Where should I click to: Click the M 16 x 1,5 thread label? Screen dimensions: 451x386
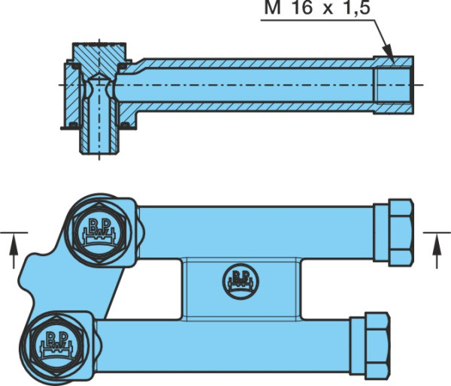click(x=317, y=8)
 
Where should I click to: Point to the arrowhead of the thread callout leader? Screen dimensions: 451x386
click(x=389, y=53)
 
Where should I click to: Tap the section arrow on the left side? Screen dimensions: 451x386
click(x=14, y=251)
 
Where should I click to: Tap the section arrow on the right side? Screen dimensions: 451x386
click(x=437, y=251)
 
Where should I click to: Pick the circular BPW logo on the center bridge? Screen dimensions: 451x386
click(x=241, y=282)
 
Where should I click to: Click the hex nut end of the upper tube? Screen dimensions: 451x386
click(x=401, y=233)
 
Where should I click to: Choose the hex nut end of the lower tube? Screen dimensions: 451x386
click(x=377, y=345)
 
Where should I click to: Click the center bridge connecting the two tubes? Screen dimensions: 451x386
click(x=241, y=289)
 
